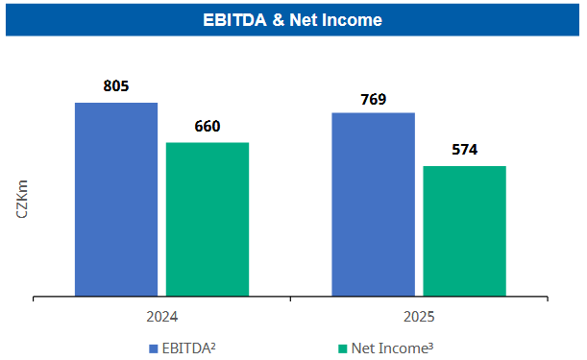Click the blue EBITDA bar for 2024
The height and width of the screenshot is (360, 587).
coord(116,200)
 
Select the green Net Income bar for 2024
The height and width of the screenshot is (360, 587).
coord(208,219)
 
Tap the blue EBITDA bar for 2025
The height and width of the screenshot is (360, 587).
coord(373,204)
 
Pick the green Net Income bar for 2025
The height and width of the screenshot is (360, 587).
coord(464,231)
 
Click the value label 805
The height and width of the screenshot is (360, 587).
coord(116,86)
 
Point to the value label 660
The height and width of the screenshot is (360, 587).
coord(208,127)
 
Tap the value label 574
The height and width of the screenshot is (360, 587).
coord(464,150)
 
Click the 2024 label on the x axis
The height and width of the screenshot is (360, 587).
coord(161,316)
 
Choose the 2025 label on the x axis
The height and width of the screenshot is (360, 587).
coord(419,316)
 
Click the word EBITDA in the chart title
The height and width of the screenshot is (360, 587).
coord(236,19)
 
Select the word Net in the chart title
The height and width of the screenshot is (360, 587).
coord(306,19)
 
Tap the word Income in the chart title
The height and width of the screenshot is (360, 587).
coord(355,19)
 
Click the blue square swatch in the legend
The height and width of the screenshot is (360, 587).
coord(153,347)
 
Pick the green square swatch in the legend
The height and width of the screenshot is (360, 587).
coord(342,347)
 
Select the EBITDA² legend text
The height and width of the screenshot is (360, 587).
coord(188,347)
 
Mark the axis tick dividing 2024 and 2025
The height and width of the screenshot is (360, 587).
coord(290,301)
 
